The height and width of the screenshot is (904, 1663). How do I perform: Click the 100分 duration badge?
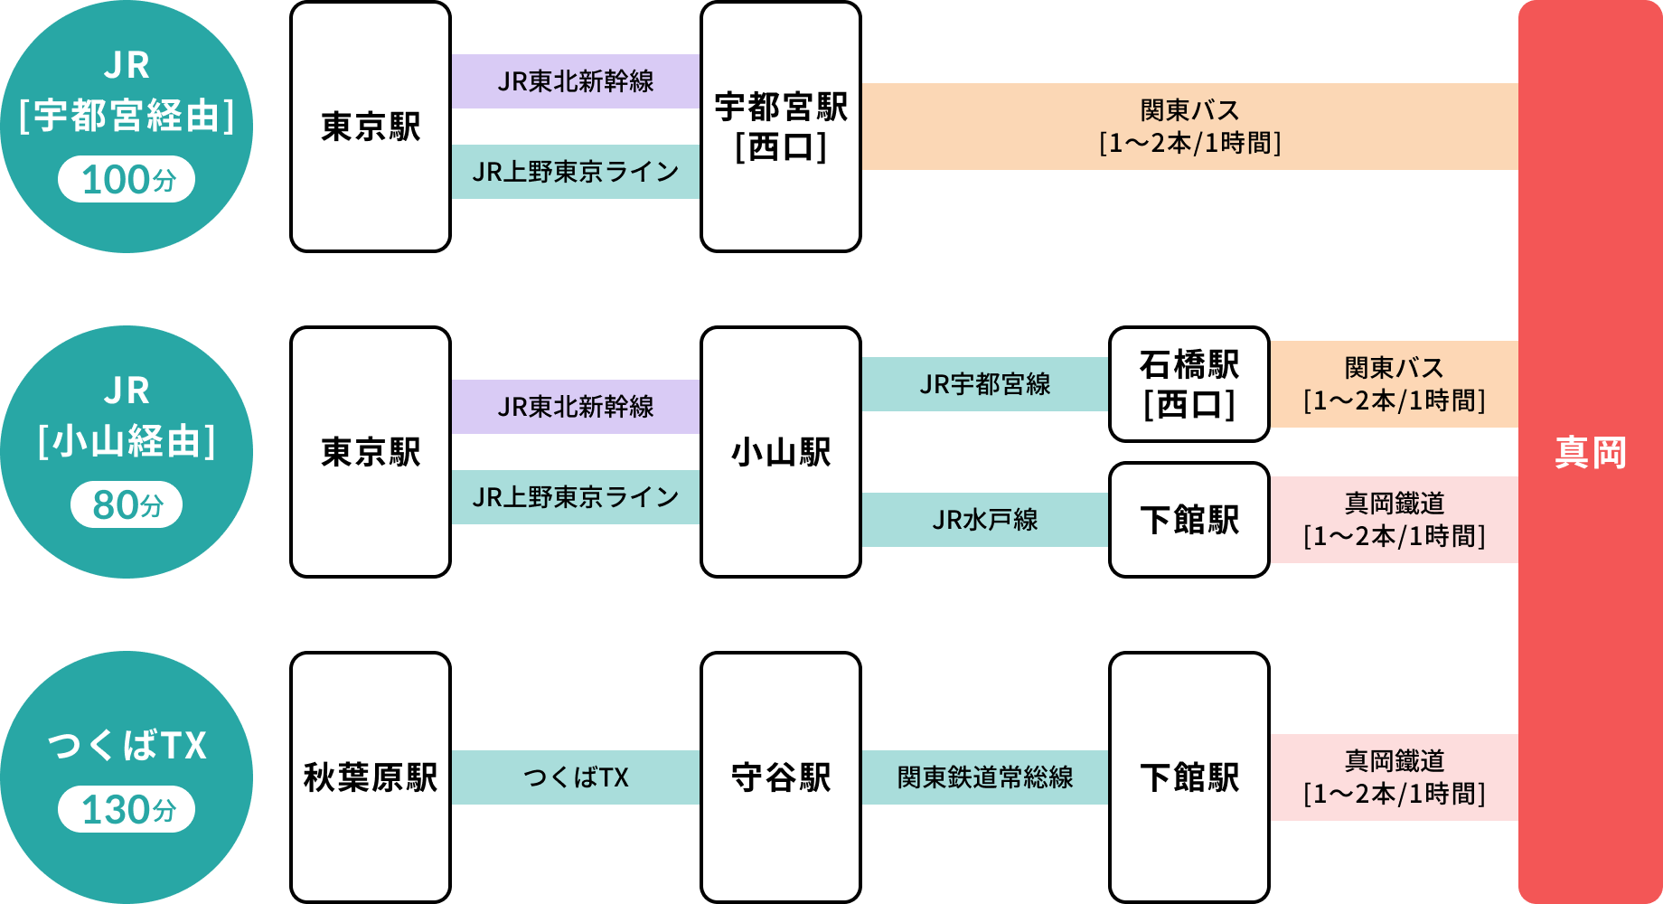tap(127, 179)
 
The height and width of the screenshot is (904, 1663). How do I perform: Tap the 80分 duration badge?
tap(127, 504)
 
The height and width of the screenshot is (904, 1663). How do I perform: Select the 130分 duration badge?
tap(127, 809)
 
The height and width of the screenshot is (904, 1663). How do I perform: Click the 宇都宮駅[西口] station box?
tap(781, 127)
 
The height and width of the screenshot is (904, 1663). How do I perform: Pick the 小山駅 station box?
tap(781, 452)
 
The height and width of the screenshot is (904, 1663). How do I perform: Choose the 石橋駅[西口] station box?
tap(1189, 384)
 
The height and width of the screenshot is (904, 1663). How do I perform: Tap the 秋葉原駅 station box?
tap(371, 777)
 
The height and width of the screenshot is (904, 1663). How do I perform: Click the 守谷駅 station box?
tap(781, 777)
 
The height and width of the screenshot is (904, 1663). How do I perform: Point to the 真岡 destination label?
tap(1590, 452)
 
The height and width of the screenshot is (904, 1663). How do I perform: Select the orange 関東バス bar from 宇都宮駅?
tap(1189, 127)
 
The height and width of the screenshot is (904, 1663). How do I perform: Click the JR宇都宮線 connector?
tap(985, 384)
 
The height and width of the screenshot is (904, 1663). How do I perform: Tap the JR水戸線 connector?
tap(985, 520)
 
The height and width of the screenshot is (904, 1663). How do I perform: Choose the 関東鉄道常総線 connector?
tap(985, 777)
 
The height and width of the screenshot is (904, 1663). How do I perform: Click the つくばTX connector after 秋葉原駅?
tap(576, 777)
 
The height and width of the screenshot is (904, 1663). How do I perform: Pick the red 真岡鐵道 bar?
tap(1394, 520)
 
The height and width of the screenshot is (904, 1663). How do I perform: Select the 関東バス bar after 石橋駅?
tap(1394, 384)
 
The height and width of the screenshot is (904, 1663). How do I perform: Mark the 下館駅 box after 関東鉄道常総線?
tap(1189, 777)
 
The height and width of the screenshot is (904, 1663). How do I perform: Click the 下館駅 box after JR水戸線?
tap(1189, 520)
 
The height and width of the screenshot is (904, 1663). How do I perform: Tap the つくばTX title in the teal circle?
tap(127, 746)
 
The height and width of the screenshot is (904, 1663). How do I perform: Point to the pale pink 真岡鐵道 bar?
tap(1394, 777)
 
